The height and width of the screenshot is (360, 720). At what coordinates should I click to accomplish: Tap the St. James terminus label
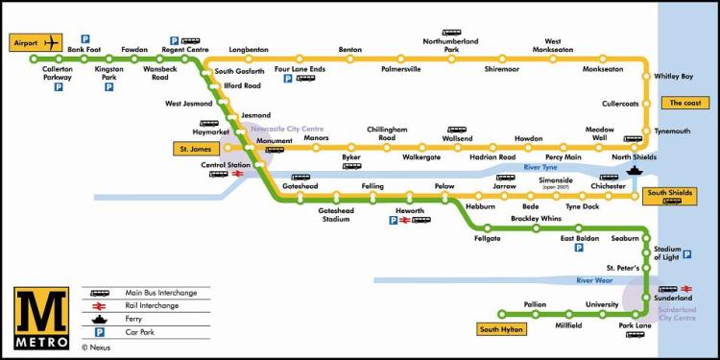(x=196, y=149)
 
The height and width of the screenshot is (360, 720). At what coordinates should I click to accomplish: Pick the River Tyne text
(x=540, y=168)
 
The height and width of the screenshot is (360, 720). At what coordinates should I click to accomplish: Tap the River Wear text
(x=593, y=280)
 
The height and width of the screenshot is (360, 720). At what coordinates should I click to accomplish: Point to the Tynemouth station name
(x=672, y=132)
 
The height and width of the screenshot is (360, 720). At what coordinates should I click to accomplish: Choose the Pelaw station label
(x=444, y=185)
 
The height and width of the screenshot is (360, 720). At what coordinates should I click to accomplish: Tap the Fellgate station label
(x=488, y=239)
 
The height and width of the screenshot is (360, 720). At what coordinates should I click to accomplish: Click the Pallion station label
(x=535, y=304)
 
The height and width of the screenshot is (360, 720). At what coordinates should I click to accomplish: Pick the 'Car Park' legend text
(x=141, y=331)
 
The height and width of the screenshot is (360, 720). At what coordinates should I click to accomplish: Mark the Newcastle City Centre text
(x=287, y=128)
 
